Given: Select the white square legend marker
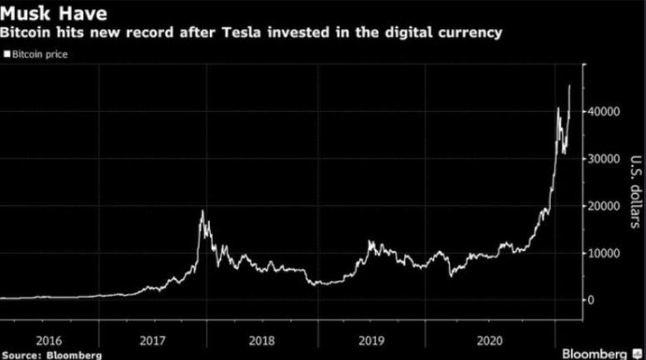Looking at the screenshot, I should [7, 54].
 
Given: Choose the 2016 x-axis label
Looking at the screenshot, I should [49, 340].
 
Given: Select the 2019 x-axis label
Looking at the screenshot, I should [371, 340].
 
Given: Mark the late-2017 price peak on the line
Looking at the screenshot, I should [202, 212].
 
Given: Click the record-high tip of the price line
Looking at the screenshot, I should [569, 85].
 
